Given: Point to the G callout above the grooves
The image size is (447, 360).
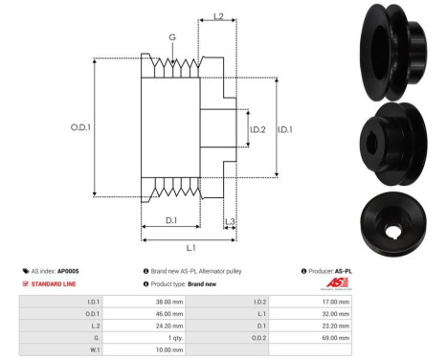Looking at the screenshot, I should (x=171, y=39).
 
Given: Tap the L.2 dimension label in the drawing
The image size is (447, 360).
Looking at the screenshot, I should (x=217, y=17).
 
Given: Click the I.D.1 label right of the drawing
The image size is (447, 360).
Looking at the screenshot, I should (x=284, y=128).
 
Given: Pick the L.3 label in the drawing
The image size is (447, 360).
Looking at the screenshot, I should (x=230, y=222).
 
